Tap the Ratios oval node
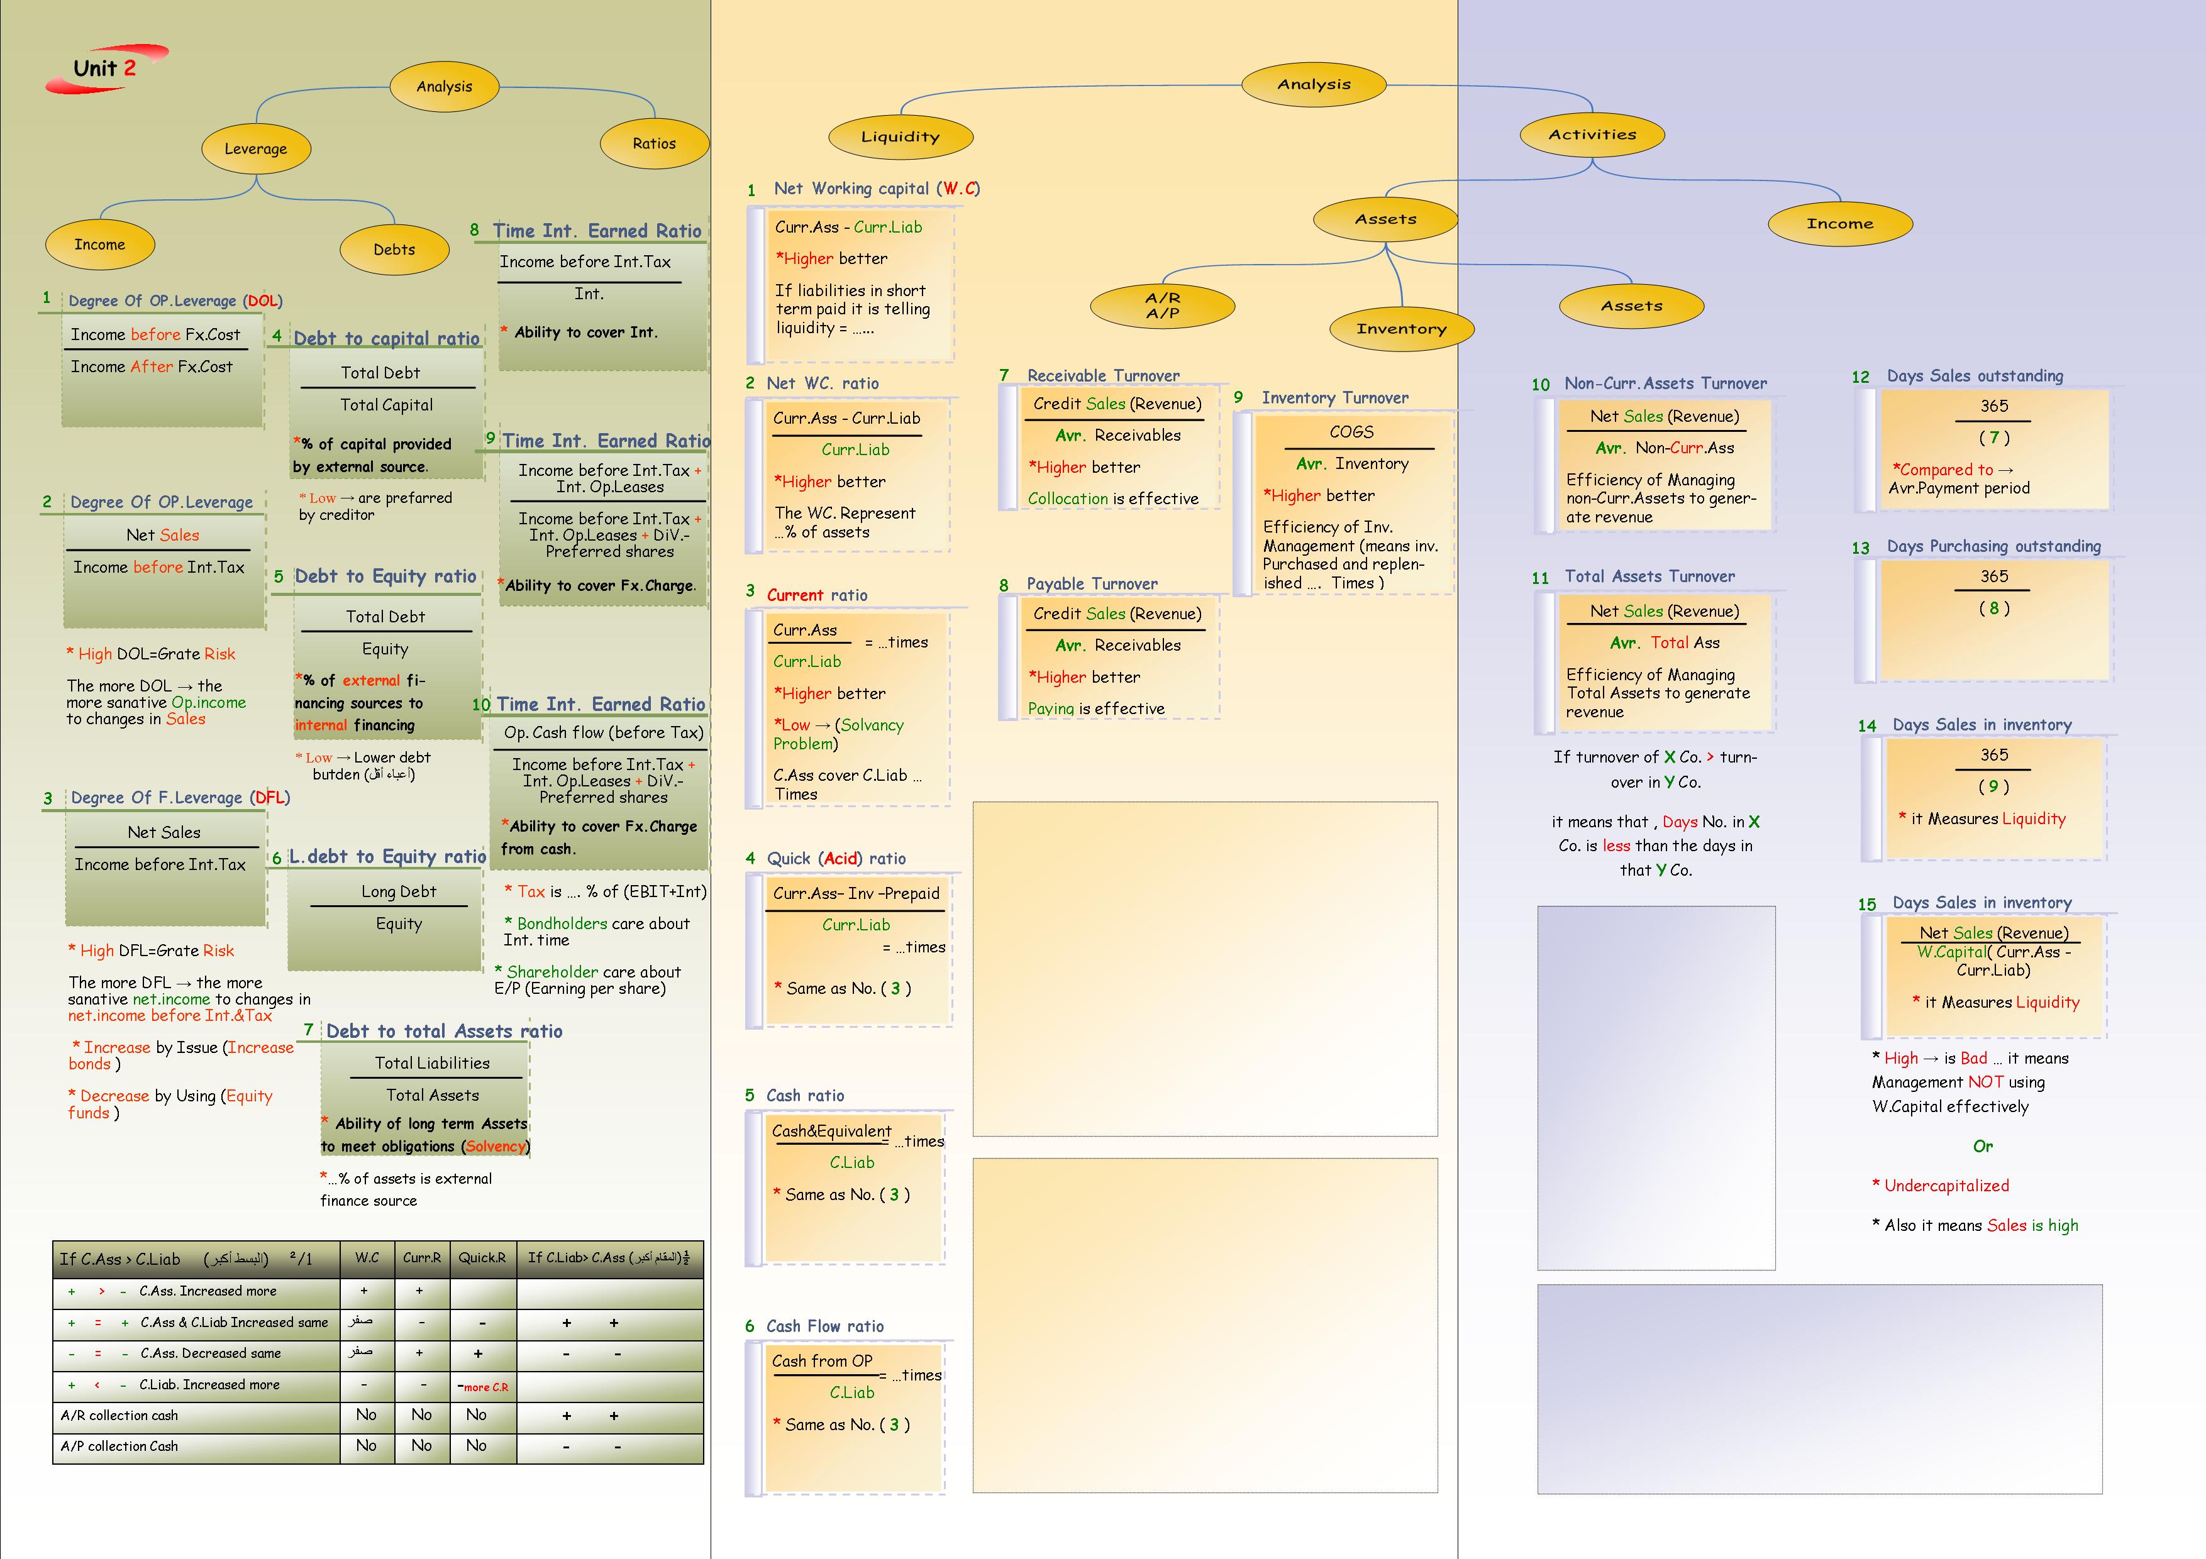(x=654, y=143)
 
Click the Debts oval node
(x=394, y=249)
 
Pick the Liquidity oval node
(x=901, y=136)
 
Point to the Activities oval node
(x=1592, y=135)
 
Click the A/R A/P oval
(x=1163, y=306)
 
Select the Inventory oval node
(x=1401, y=329)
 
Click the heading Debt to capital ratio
(x=386, y=338)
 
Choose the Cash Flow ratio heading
(x=824, y=1326)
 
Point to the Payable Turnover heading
(x=1092, y=584)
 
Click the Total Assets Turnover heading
(x=1649, y=576)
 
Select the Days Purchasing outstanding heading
(x=1993, y=546)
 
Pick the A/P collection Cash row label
(x=119, y=1446)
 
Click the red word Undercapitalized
(x=1946, y=1186)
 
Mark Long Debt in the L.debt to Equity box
(x=399, y=891)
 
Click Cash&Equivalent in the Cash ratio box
(x=831, y=1132)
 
